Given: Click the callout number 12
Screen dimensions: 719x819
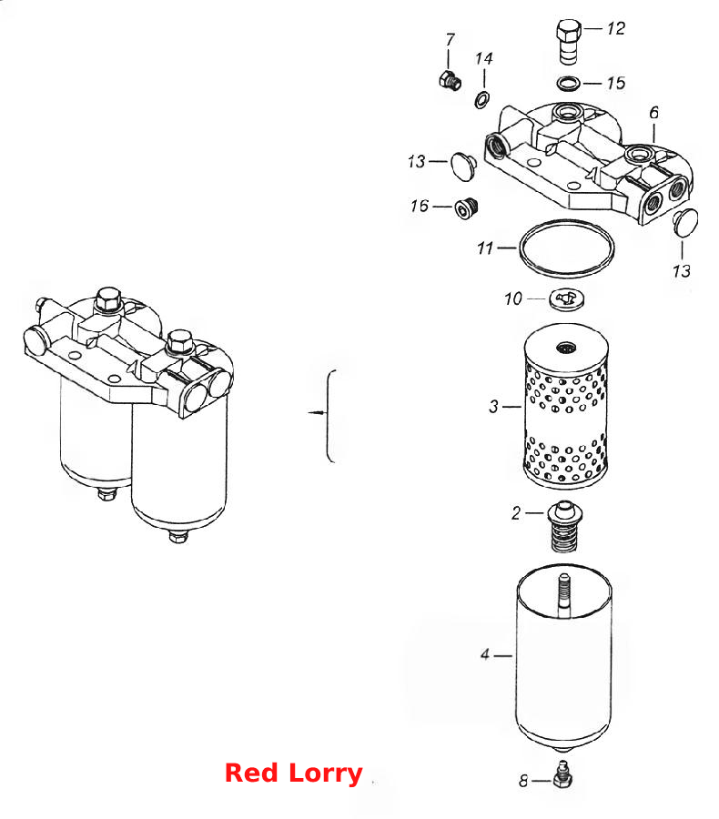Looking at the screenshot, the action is tap(615, 28).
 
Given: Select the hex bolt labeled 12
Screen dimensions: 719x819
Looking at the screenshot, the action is tap(569, 41).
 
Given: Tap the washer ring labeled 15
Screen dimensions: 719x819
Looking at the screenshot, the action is tap(569, 83).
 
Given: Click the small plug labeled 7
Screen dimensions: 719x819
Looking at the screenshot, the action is tap(450, 81).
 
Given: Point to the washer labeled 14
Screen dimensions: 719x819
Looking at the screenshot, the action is tap(481, 98).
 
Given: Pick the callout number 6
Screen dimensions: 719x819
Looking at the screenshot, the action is tap(654, 112).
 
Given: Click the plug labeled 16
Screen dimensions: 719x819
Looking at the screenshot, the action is tap(467, 208).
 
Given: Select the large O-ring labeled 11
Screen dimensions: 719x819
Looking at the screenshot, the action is tap(566, 248).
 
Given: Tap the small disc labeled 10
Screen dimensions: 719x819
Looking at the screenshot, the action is tap(566, 299).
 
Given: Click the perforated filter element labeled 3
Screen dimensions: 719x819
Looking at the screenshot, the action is tap(565, 406).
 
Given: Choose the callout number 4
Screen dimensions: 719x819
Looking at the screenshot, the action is tap(485, 654).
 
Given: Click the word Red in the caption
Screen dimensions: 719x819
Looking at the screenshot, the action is tap(251, 773).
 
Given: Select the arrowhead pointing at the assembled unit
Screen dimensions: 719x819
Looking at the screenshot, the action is tap(312, 412).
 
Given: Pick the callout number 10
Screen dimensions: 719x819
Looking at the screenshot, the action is tap(513, 298).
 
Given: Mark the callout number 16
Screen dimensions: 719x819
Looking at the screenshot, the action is tap(420, 207).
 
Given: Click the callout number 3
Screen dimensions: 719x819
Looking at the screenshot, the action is tap(494, 406).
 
